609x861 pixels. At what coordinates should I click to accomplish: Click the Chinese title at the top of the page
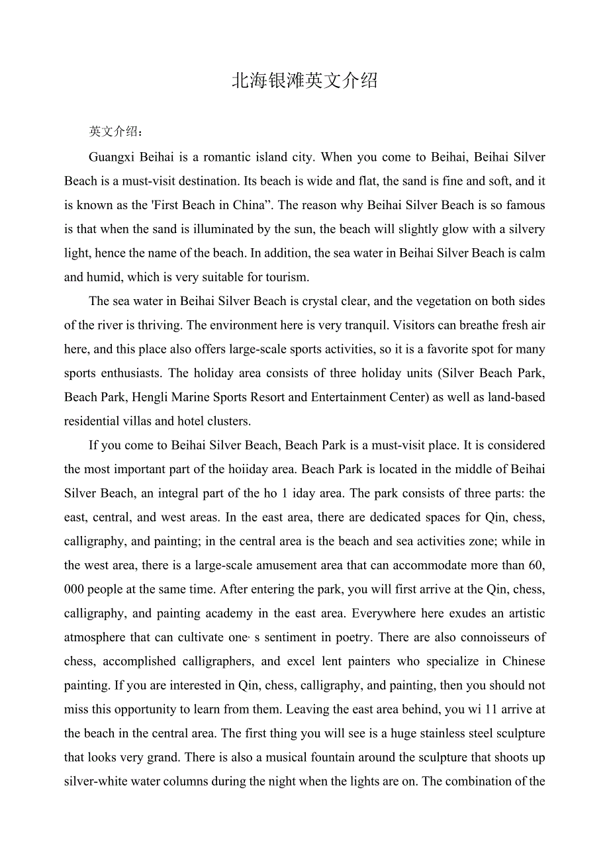coord(304,81)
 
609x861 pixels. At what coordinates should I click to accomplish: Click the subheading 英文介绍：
coord(115,132)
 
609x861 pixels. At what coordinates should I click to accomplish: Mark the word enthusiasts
coord(130,373)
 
